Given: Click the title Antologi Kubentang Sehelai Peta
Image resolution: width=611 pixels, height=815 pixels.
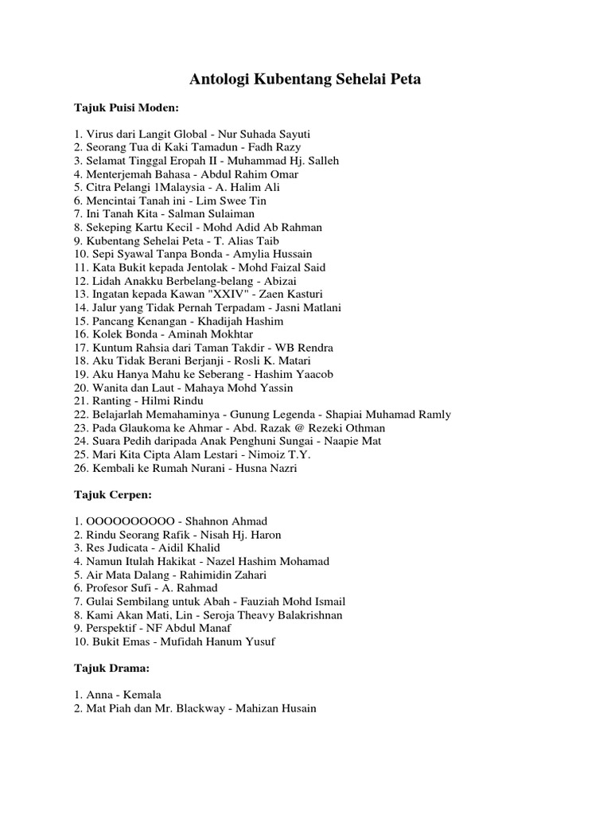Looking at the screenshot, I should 305,79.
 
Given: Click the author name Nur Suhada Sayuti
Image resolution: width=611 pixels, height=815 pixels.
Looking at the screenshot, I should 263,134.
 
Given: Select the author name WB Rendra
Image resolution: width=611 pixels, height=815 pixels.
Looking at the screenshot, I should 304,348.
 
